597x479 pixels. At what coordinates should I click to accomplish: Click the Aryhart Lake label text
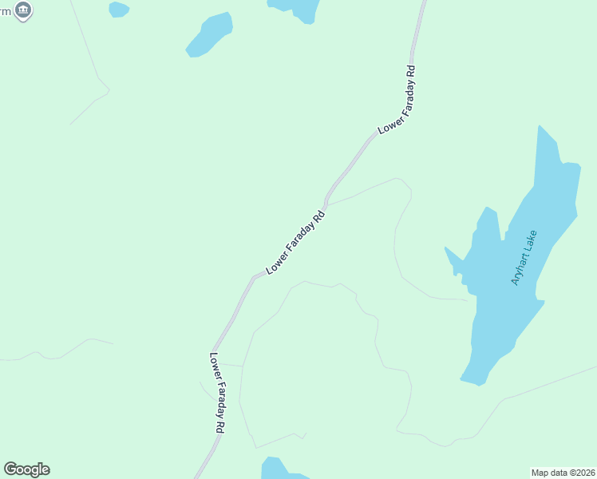tap(525, 259)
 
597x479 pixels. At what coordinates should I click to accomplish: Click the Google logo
tap(26, 469)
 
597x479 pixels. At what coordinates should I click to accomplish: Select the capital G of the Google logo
tap(10, 469)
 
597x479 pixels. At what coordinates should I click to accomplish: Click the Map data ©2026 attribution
tap(563, 472)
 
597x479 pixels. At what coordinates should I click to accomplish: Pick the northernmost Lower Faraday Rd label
tap(398, 99)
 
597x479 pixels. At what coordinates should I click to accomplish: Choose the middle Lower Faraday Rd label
tap(296, 243)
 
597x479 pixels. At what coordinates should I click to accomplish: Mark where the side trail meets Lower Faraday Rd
tap(326, 204)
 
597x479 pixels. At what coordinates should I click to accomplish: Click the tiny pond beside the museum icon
tap(118, 9)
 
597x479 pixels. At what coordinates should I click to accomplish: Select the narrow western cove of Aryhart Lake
tap(453, 257)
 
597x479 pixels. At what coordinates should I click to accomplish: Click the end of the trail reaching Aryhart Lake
tap(467, 301)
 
